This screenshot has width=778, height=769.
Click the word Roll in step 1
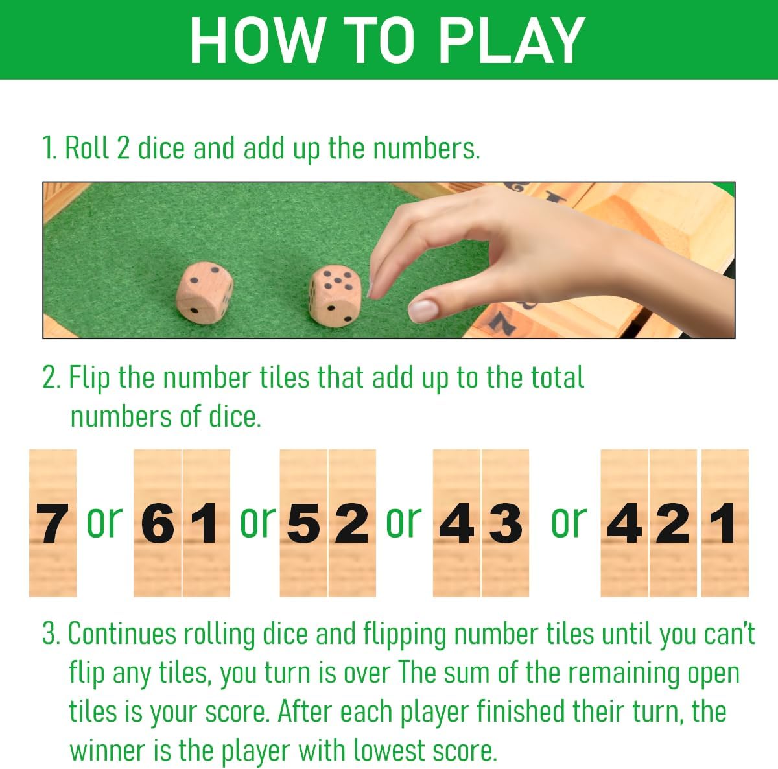88,148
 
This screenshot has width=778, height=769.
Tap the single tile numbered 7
53,523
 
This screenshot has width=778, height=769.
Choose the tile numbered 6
158,523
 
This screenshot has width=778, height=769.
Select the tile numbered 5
303,523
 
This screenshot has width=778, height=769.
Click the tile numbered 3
506,523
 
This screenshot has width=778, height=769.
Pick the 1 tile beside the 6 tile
206,523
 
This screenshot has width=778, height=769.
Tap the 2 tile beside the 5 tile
352,523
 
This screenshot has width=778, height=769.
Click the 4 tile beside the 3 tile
456,523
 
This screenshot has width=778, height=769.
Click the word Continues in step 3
123,634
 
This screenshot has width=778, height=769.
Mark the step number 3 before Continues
50,634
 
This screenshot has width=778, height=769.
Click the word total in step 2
557,378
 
